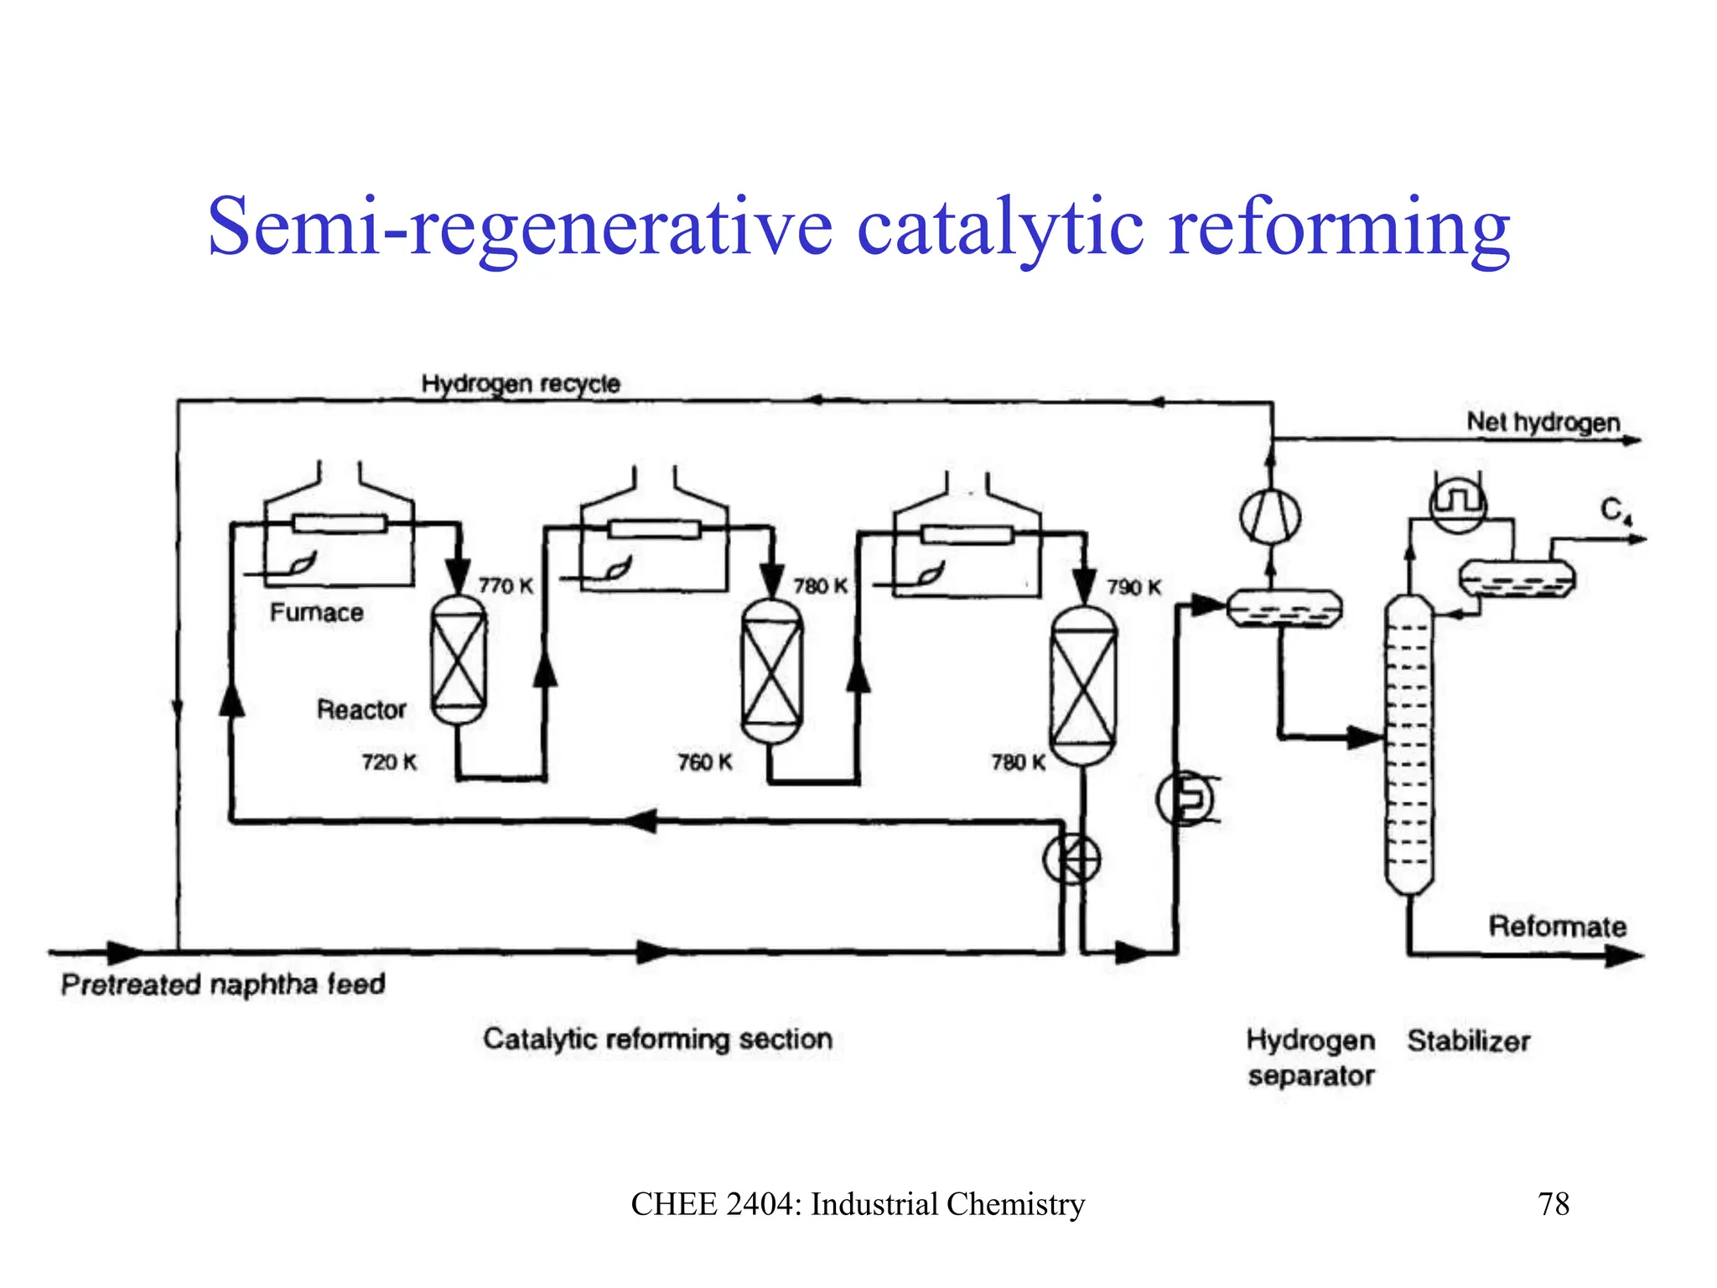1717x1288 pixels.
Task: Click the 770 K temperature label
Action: click(506, 585)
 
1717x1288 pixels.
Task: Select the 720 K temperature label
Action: click(389, 762)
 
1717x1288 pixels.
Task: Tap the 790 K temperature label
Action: click(1133, 587)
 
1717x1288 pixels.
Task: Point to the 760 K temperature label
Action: click(704, 762)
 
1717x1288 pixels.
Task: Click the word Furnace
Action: click(316, 613)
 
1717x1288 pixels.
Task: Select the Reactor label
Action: click(361, 709)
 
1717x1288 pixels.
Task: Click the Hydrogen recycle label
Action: click(521, 384)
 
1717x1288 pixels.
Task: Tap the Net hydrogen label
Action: click(1543, 423)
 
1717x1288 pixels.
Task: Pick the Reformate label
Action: click(1557, 927)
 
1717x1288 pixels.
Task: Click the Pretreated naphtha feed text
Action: click(223, 984)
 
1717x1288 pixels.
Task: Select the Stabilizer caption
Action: click(1468, 1041)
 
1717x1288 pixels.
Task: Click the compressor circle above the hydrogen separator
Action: click(1270, 516)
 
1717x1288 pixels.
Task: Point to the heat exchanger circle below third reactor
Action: click(1071, 860)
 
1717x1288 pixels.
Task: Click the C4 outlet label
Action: click(1614, 510)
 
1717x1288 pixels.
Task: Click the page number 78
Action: click(1553, 1204)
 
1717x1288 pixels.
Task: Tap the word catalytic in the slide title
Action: click(999, 226)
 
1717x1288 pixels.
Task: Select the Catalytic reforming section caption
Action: click(657, 1040)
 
